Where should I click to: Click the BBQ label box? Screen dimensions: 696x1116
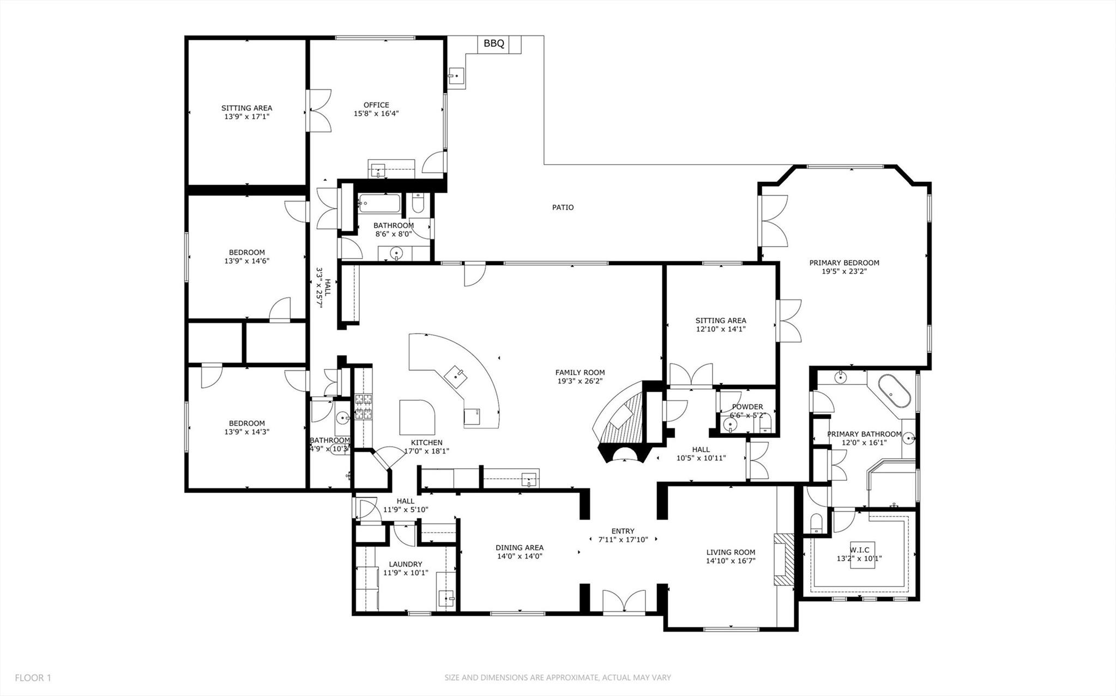tap(494, 44)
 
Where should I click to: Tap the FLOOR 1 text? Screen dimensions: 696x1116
tap(33, 678)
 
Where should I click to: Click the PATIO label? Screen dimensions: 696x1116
tap(563, 207)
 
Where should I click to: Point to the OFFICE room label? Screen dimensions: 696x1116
tap(376, 105)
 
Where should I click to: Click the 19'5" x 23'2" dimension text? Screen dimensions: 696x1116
tap(844, 271)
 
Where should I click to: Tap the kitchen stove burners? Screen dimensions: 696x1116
tap(363, 407)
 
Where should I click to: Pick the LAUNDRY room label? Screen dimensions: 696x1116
tap(405, 564)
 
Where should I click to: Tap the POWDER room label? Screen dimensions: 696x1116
tap(747, 407)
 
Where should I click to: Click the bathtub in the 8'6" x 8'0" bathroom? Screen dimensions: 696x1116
tap(379, 205)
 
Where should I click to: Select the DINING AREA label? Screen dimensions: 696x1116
tap(519, 548)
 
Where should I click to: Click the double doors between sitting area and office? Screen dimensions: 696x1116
tap(319, 110)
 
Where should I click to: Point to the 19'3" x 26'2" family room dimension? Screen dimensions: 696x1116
tap(580, 381)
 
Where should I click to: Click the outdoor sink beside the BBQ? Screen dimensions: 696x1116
tap(456, 77)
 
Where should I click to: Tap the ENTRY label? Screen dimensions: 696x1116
tap(623, 531)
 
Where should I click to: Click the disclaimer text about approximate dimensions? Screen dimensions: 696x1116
tap(557, 678)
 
